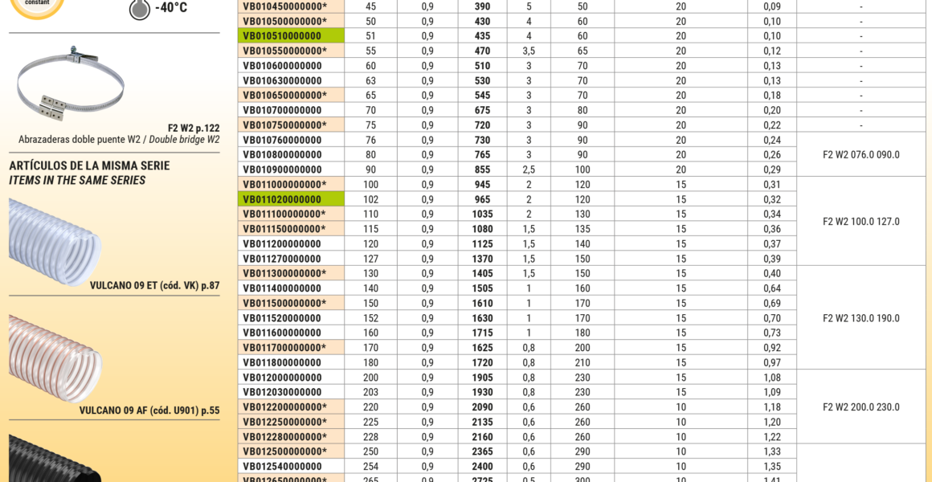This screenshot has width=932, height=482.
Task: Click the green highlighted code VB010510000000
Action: (282, 36)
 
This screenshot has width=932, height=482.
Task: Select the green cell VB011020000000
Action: (282, 199)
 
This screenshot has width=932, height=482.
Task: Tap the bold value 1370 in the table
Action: (482, 259)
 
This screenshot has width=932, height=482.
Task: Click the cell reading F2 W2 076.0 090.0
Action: (861, 155)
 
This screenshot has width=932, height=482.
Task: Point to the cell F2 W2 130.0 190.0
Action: (861, 318)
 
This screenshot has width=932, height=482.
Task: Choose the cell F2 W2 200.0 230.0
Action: (861, 407)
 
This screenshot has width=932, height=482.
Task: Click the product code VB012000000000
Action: (282, 378)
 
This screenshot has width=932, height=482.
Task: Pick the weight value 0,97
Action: (771, 362)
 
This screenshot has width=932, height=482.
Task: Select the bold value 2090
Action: (482, 407)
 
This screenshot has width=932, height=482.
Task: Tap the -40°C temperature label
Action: (170, 8)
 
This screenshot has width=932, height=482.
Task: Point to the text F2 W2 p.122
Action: (194, 128)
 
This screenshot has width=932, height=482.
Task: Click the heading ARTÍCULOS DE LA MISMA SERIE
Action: (89, 166)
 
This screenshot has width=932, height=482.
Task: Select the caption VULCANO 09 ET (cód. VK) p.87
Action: (154, 285)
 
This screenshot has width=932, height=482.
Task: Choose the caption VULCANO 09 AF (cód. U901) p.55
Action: (149, 411)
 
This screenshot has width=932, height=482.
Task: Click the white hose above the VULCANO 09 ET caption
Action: (55, 241)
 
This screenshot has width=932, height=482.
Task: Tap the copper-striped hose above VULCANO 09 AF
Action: (55, 357)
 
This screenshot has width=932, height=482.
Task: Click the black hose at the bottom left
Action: (55, 460)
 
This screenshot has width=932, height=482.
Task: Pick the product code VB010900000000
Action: (282, 170)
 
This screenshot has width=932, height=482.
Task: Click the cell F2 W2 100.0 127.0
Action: (861, 222)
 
